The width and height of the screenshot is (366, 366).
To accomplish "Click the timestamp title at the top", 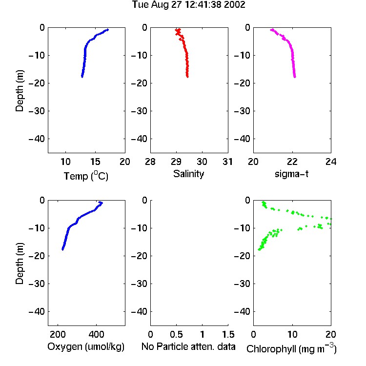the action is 188,4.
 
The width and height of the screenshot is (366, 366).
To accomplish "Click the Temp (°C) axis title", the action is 86,176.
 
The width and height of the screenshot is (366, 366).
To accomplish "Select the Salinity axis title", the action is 188,174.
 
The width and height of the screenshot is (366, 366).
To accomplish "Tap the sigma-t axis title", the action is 291,174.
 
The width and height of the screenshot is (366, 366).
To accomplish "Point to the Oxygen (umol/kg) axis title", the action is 86,346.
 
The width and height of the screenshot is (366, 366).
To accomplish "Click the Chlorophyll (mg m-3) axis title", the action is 291,348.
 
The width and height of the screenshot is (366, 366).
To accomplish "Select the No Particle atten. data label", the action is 188,346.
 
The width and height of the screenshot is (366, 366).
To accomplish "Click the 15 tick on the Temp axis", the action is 95,162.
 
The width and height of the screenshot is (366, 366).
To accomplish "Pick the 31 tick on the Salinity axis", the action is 227,162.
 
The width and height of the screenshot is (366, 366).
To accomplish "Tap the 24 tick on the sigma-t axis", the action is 331,162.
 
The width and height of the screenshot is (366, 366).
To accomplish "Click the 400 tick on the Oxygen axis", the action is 96,334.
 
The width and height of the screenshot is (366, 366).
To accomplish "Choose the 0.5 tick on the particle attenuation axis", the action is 176,334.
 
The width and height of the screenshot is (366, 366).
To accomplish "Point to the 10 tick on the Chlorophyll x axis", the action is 292,334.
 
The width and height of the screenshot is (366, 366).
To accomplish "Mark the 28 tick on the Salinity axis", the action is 150,162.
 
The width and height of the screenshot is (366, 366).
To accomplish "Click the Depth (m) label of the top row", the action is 20,91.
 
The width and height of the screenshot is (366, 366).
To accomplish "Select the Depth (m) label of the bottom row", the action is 20,264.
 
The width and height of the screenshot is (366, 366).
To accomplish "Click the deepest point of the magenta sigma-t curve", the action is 295,77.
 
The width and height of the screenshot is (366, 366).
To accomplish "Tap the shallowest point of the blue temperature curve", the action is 107,30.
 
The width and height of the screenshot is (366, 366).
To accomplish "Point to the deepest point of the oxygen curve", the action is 62,249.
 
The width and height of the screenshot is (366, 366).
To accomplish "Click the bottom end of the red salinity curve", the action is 187,76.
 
